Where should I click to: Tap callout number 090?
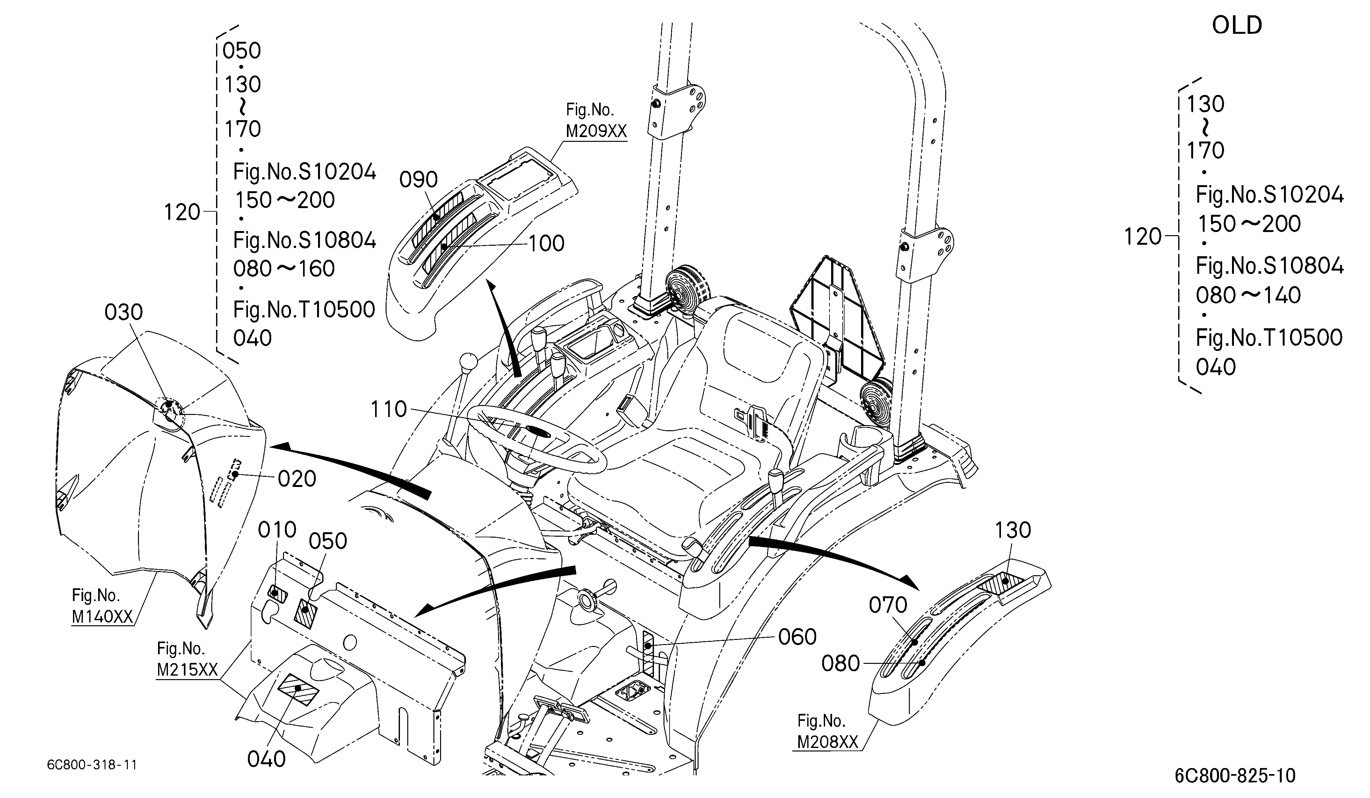(x=419, y=179)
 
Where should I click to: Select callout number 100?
(x=546, y=243)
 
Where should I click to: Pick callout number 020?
(x=297, y=479)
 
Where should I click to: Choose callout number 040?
(x=266, y=759)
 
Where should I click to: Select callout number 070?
(x=888, y=605)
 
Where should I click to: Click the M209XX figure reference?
(x=596, y=131)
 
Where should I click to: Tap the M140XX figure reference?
(x=102, y=616)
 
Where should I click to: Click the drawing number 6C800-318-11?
(x=92, y=765)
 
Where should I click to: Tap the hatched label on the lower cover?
(x=298, y=689)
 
